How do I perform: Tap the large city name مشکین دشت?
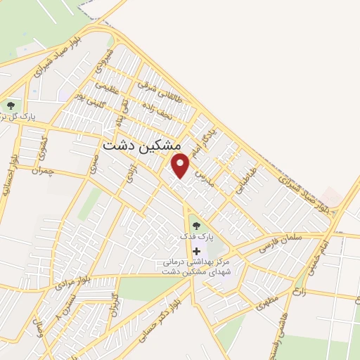tap(141, 144)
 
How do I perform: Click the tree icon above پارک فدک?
tap(195, 226)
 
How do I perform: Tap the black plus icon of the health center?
tap(195, 250)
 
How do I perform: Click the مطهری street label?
tap(267, 302)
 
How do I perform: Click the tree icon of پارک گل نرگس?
tap(11, 105)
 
